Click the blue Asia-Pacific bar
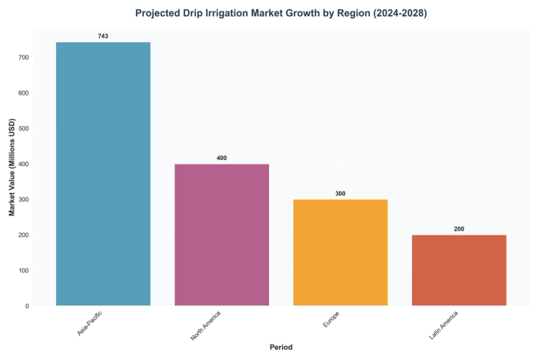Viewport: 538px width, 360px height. [103, 174]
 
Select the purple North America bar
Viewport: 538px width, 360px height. [221, 235]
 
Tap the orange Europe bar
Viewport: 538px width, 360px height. [340, 252]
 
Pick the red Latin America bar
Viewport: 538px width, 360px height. [459, 270]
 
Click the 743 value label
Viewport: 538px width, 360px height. [103, 36]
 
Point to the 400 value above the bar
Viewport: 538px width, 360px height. [221, 158]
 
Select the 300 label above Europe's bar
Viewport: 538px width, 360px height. [340, 193]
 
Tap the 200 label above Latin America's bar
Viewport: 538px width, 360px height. [459, 228]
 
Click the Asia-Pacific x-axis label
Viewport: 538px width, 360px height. [90, 324]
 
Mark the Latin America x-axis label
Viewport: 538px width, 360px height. [444, 325]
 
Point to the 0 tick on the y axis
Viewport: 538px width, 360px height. [26, 305]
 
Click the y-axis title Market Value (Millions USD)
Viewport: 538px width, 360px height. [12, 167]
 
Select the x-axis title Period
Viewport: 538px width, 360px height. [281, 347]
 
